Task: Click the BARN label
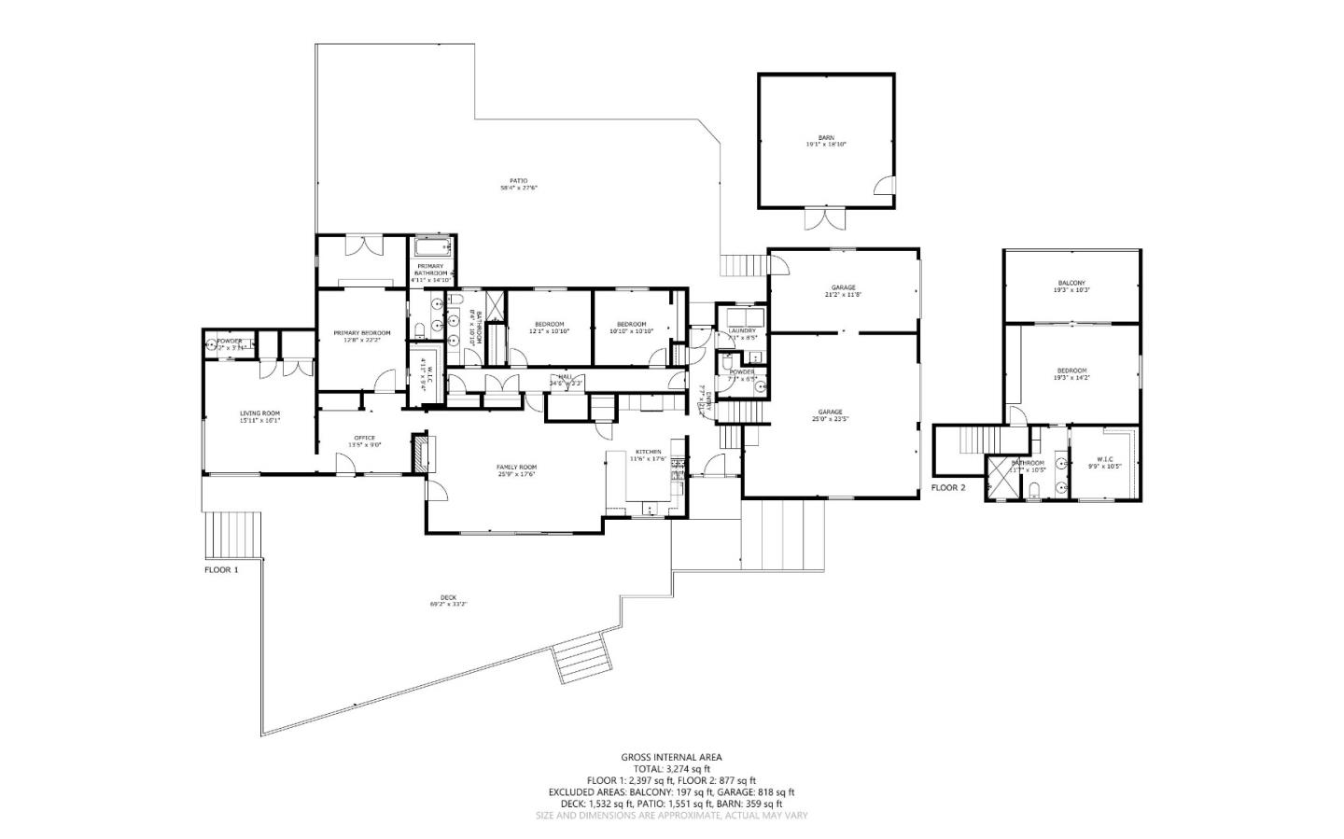pyautogui.click(x=826, y=137)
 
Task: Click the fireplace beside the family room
pyautogui.click(x=421, y=453)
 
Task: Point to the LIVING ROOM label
pyautogui.click(x=259, y=413)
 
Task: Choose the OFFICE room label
pyautogui.click(x=364, y=438)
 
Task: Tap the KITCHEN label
pyautogui.click(x=648, y=452)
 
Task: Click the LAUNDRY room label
pyautogui.click(x=742, y=330)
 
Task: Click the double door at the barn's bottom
pyautogui.click(x=824, y=218)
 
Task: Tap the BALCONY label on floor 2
pyautogui.click(x=1071, y=283)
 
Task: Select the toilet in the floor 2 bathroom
pyautogui.click(x=1034, y=491)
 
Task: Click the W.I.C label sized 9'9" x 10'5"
pyautogui.click(x=1104, y=458)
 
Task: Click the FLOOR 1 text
pyautogui.click(x=221, y=568)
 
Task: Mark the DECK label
pyautogui.click(x=448, y=598)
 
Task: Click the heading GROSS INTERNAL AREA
pyautogui.click(x=671, y=757)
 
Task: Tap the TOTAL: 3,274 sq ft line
pyautogui.click(x=671, y=768)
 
